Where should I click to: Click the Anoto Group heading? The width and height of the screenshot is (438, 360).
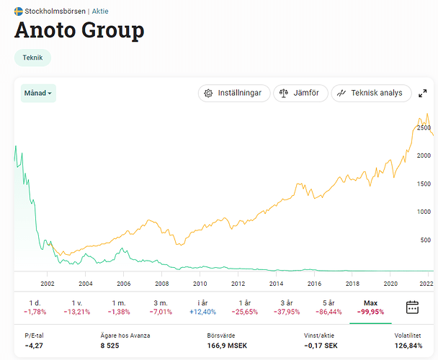tap(79, 31)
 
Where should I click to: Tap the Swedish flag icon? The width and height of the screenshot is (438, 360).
tap(19, 12)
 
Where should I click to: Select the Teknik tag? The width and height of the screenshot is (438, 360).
tap(32, 58)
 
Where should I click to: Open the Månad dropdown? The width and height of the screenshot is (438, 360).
tap(38, 94)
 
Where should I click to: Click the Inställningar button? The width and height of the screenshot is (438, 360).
tap(234, 93)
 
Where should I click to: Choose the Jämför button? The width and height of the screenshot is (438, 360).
tap(300, 93)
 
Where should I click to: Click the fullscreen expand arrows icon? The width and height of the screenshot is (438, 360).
tap(423, 94)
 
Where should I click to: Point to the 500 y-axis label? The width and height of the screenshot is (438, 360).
tap(426, 240)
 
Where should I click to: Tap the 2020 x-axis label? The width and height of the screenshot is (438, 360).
tap(390, 284)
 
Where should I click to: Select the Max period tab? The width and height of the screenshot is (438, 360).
tap(371, 307)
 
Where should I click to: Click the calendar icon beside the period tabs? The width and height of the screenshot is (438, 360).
tap(412, 307)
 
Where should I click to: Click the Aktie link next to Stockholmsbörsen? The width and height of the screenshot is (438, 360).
tap(100, 12)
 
